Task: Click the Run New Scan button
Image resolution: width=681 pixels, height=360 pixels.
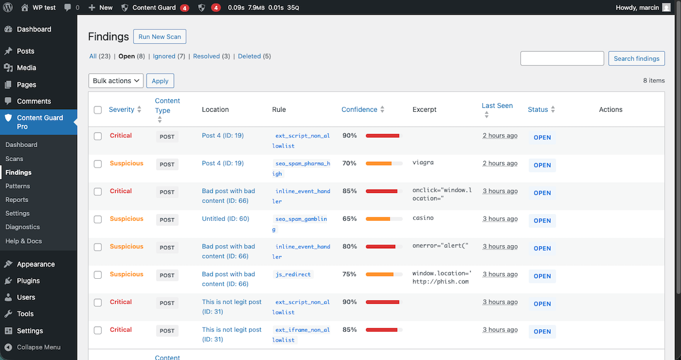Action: coord(159,37)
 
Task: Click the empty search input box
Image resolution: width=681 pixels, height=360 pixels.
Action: coord(562,58)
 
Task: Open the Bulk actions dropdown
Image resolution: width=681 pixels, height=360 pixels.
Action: coord(116,81)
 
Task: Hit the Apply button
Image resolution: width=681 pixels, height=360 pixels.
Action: coord(160,81)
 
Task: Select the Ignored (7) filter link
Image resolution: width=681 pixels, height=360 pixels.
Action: coord(169,56)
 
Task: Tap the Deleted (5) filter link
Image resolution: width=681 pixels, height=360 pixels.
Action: coord(254,56)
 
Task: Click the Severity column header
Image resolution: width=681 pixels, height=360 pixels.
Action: coord(121,110)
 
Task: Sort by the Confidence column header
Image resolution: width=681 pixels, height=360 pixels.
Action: coord(359,110)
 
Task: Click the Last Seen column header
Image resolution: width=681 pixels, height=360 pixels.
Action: coord(497,106)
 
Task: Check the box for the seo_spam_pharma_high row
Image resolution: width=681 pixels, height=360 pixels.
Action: coord(98,164)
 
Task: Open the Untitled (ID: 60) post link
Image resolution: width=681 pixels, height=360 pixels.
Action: coord(225,219)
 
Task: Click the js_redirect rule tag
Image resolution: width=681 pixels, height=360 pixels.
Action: coord(293,274)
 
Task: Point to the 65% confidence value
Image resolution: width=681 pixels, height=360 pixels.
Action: coord(350,219)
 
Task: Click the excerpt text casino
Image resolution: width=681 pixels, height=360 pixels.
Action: coord(423,217)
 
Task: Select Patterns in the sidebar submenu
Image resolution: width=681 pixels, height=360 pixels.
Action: coord(18,186)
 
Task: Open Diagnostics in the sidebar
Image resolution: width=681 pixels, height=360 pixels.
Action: coord(23,227)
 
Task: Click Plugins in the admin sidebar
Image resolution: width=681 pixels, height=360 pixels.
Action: coord(28,281)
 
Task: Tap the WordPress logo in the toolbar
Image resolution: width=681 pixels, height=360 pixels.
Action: coord(8,8)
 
